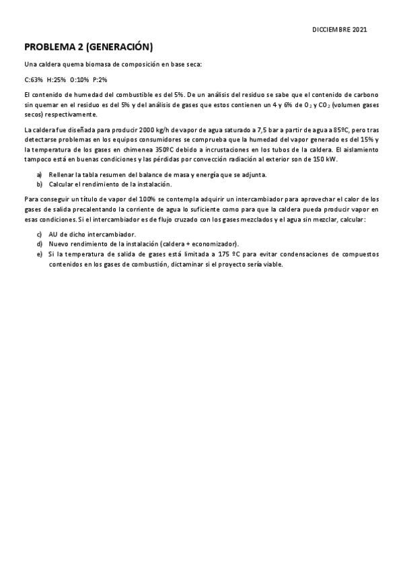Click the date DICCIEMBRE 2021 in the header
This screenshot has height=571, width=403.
(x=340, y=30)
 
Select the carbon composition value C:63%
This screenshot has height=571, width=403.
(x=33, y=79)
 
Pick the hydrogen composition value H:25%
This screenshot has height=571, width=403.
(x=56, y=79)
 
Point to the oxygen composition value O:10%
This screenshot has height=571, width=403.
(x=79, y=79)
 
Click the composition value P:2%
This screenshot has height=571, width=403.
(x=99, y=79)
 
